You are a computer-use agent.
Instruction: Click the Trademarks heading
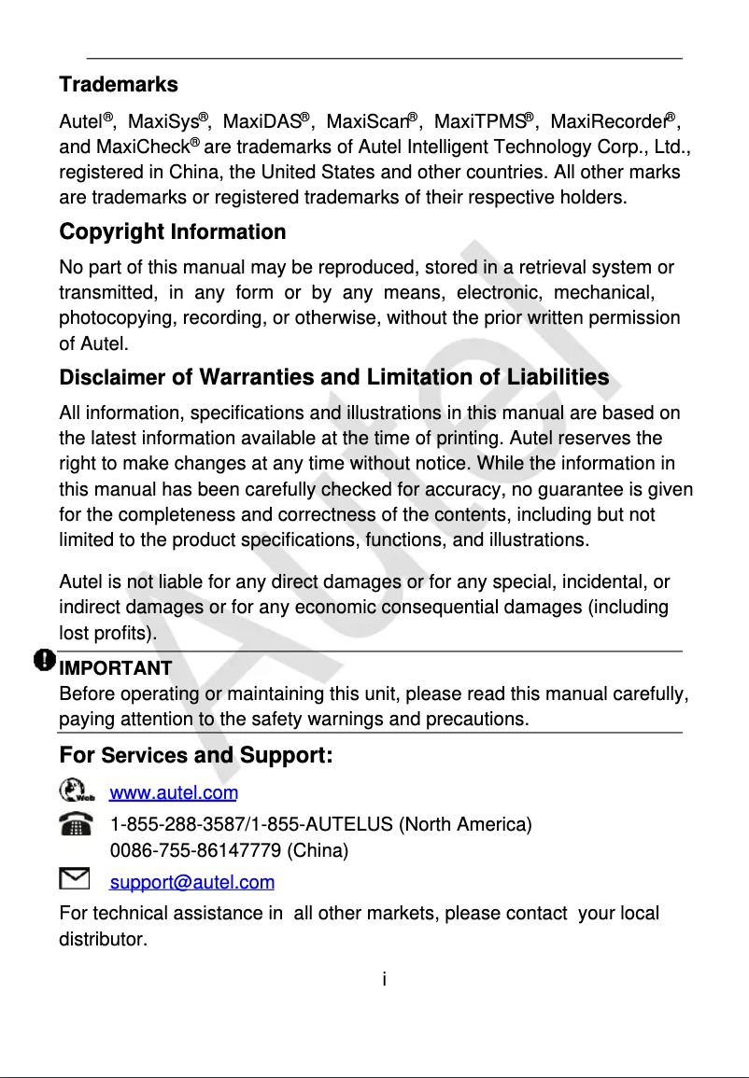click(x=119, y=85)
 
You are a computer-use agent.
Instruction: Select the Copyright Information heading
click(x=173, y=231)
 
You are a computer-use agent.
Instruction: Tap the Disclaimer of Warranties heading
click(x=333, y=378)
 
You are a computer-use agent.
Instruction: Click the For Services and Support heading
click(x=196, y=754)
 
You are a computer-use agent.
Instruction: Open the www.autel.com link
click(x=174, y=794)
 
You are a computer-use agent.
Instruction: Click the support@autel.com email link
click(x=192, y=883)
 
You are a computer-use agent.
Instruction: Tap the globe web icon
click(x=77, y=791)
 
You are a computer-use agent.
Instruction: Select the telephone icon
click(x=75, y=824)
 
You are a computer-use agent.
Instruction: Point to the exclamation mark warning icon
click(x=44, y=660)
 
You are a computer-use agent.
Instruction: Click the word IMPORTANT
click(x=115, y=668)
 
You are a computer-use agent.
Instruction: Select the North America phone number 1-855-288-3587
click(x=176, y=825)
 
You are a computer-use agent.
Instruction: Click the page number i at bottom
click(x=384, y=980)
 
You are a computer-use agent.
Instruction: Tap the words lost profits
click(x=106, y=634)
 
